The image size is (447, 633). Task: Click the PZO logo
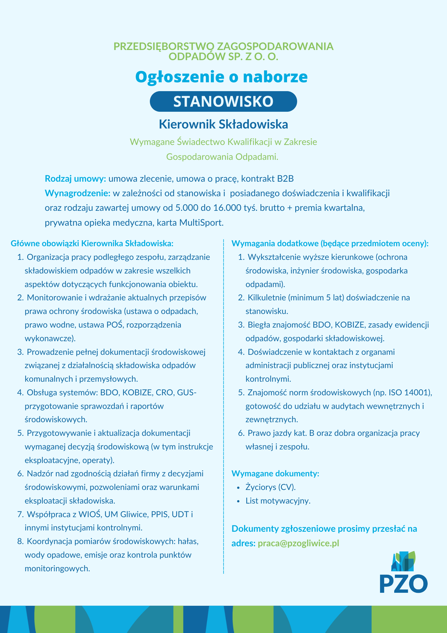coord(404,573)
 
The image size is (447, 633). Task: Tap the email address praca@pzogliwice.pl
coord(298,543)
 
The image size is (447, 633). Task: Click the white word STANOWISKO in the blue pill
coord(223,102)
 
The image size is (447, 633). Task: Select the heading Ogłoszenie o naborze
coord(221,77)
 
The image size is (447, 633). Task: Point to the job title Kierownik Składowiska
coord(223,124)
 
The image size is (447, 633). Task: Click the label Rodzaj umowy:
coord(75,179)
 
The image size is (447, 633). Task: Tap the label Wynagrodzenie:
coord(77,193)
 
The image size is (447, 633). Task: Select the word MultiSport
coord(201,223)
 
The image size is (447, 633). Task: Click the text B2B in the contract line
coord(285,179)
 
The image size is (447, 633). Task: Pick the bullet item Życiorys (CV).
coord(271,487)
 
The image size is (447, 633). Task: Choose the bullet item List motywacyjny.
coord(278,501)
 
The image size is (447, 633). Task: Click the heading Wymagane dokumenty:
coord(275,473)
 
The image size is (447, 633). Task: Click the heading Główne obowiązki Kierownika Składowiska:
coord(92,243)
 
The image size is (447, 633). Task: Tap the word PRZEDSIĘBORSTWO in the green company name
coord(164,46)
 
